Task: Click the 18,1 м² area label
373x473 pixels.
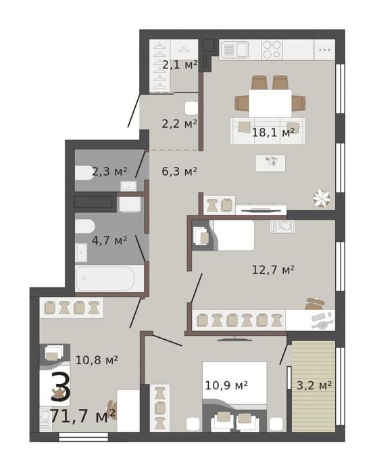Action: pos(273,132)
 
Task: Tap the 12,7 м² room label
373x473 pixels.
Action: pos(273,270)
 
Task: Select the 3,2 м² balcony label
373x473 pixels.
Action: pos(314,385)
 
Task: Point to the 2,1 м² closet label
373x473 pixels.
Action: pos(180,65)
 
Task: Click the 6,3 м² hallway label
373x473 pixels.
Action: pos(180,172)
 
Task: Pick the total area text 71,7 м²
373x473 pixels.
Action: pos(82,416)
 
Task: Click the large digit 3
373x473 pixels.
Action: pos(60,387)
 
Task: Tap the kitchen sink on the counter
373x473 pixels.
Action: pos(235,49)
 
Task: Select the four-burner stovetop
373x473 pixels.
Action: pos(272,49)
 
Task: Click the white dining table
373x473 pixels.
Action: pos(270,103)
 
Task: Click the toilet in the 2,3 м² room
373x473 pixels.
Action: pos(84,173)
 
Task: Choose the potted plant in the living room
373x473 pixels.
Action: pos(322,198)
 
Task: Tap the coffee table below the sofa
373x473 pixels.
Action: pos(270,163)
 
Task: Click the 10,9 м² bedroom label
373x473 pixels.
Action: pos(226,385)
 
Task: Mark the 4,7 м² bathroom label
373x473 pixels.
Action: pos(109,241)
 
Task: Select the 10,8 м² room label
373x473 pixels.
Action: pos(97,360)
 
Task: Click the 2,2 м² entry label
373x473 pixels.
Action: pos(180,124)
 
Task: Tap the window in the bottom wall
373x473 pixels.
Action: pos(83,437)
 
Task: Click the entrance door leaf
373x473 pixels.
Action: pos(134,111)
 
